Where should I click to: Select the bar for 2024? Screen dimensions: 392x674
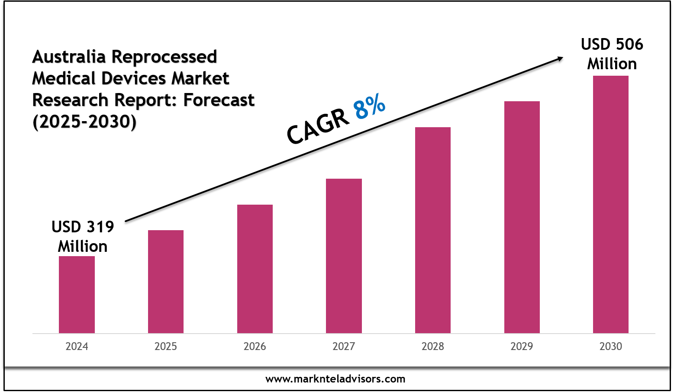77,295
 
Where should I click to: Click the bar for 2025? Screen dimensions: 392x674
166,282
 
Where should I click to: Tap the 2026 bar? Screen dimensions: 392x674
255,269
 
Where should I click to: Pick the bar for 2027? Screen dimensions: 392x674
344,256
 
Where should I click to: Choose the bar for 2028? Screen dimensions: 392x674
433,230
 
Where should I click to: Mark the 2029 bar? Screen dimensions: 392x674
522,217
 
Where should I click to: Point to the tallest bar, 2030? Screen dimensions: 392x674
611,204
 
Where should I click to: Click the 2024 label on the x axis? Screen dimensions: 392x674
77,347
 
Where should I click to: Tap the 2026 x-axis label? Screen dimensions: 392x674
255,347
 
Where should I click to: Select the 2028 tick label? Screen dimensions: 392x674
433,347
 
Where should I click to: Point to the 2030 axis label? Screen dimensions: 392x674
611,347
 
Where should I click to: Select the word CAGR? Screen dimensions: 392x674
318,126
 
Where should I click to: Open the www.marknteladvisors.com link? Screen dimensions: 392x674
335,379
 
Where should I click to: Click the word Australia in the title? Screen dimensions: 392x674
70,57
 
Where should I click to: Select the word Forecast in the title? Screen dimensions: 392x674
219,100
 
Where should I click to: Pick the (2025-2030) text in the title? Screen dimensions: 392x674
84,122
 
